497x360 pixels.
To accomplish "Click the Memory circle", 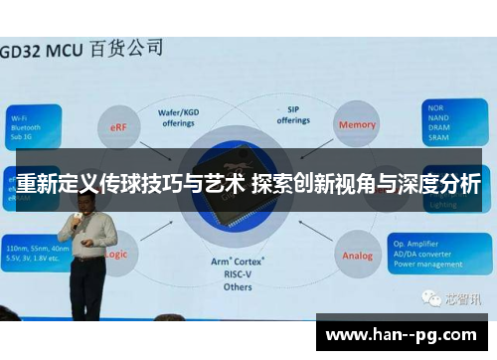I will click(358, 124).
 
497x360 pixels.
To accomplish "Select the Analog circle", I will click(357, 256).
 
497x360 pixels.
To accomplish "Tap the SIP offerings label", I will click(293, 116).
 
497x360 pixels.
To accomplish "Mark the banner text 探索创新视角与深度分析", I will click(366, 185).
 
